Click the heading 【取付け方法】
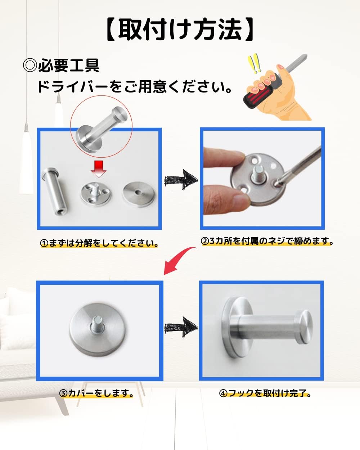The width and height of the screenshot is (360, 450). coord(180,29)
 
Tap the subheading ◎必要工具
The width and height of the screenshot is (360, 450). coord(61,66)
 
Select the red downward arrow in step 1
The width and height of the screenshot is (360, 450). coord(98,169)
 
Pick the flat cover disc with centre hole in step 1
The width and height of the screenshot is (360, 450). coord(139,194)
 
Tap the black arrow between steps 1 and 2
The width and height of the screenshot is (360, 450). coord(181,180)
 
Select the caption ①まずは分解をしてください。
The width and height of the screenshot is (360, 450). coord(99,243)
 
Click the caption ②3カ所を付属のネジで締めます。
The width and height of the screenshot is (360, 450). coord(267,241)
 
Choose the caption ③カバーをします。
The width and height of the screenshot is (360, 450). coord(96,393)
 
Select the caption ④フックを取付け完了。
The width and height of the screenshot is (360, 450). coord(265,393)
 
